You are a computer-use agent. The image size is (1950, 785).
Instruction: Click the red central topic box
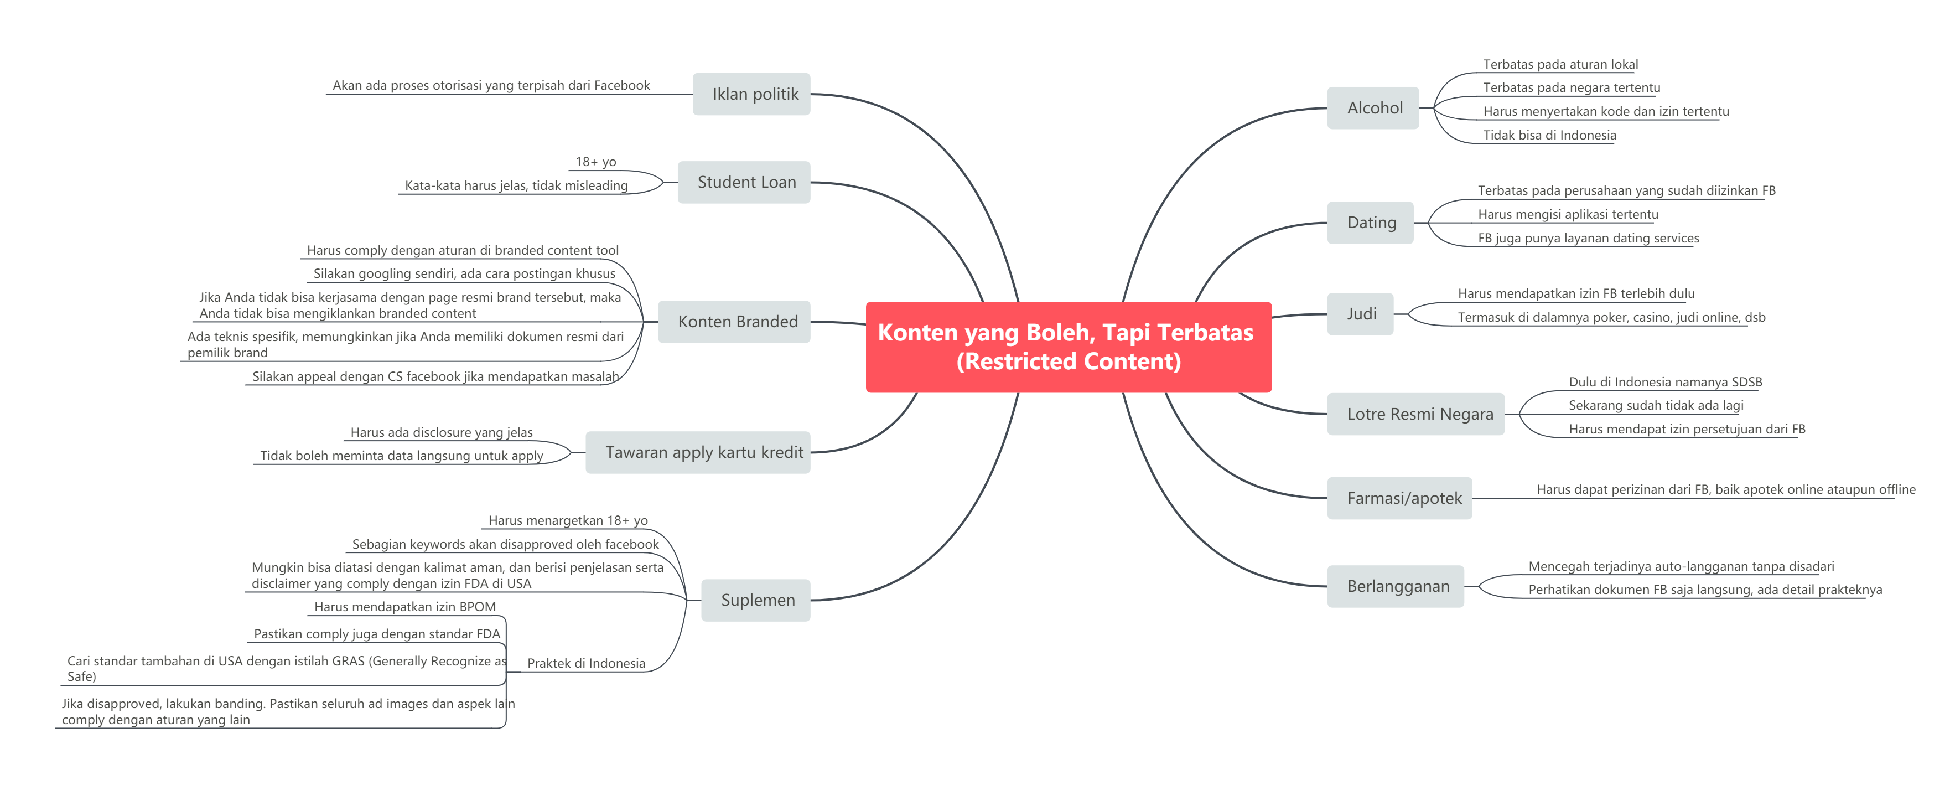coord(1067,347)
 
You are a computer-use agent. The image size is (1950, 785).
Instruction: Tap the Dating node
coord(1370,223)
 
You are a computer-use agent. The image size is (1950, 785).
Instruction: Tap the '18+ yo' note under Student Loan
coord(596,161)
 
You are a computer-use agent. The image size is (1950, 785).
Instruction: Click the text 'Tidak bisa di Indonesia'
coord(1549,135)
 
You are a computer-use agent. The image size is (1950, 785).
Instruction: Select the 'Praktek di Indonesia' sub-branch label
coord(586,663)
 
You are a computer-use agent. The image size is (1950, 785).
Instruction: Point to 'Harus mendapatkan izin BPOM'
coord(405,606)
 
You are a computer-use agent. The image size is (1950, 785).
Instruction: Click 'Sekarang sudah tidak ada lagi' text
coord(1656,405)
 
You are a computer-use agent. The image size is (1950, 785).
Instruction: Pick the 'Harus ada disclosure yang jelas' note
coord(442,432)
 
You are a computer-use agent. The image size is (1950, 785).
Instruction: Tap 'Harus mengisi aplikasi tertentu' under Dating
coord(1568,214)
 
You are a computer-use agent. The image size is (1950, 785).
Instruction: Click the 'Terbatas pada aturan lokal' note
coord(1560,64)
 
